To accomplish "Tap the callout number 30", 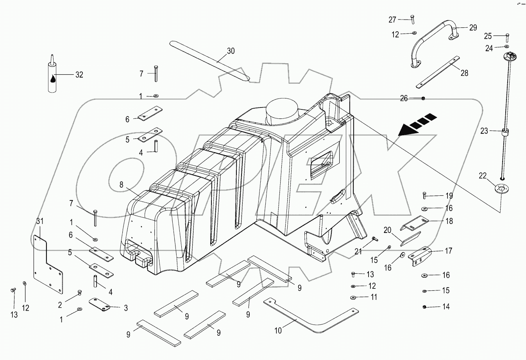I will [x=231, y=51].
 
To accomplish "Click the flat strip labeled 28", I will [x=438, y=72].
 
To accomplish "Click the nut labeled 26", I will [x=423, y=99].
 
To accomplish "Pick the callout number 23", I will [x=484, y=131].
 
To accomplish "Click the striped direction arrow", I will [x=417, y=125].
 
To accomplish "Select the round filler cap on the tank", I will [x=282, y=109].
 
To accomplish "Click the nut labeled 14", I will [x=424, y=306].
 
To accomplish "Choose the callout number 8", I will [x=122, y=185].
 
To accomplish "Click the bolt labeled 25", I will [x=507, y=38].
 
